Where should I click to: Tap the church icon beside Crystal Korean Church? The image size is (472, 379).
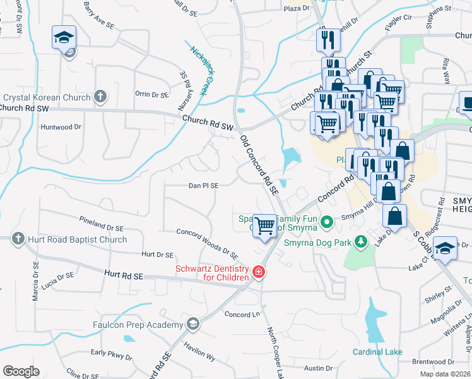click(x=99, y=97)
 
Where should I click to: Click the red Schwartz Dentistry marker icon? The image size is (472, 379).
click(x=258, y=272)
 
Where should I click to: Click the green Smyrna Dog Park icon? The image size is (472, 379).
click(x=360, y=241)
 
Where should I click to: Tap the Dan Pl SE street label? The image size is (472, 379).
click(x=203, y=186)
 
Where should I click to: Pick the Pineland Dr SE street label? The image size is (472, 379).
click(x=100, y=222)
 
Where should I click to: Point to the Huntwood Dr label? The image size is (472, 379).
click(x=61, y=127)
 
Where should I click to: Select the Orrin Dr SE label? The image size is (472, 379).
click(x=151, y=94)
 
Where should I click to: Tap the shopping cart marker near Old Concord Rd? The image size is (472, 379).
click(x=265, y=225)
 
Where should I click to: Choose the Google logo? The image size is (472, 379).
click(x=21, y=371)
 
